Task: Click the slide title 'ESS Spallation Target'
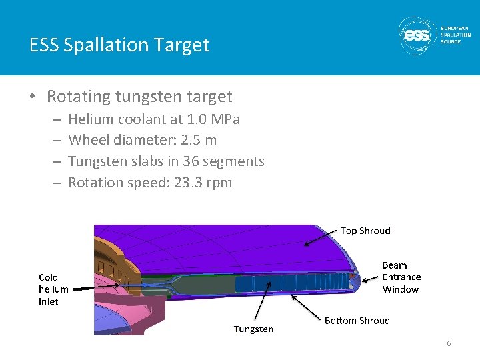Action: pos(119,45)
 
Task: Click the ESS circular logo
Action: pos(417,35)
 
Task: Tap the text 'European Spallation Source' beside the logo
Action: pos(455,35)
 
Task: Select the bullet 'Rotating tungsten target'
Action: pos(139,97)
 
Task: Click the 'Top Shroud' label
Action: pos(365,231)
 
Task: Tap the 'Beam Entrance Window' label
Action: pos(401,277)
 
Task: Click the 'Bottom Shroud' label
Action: pos(357,321)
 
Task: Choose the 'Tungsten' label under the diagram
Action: pos(253,329)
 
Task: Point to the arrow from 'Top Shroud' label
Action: pos(320,237)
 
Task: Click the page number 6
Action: pos(449,343)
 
